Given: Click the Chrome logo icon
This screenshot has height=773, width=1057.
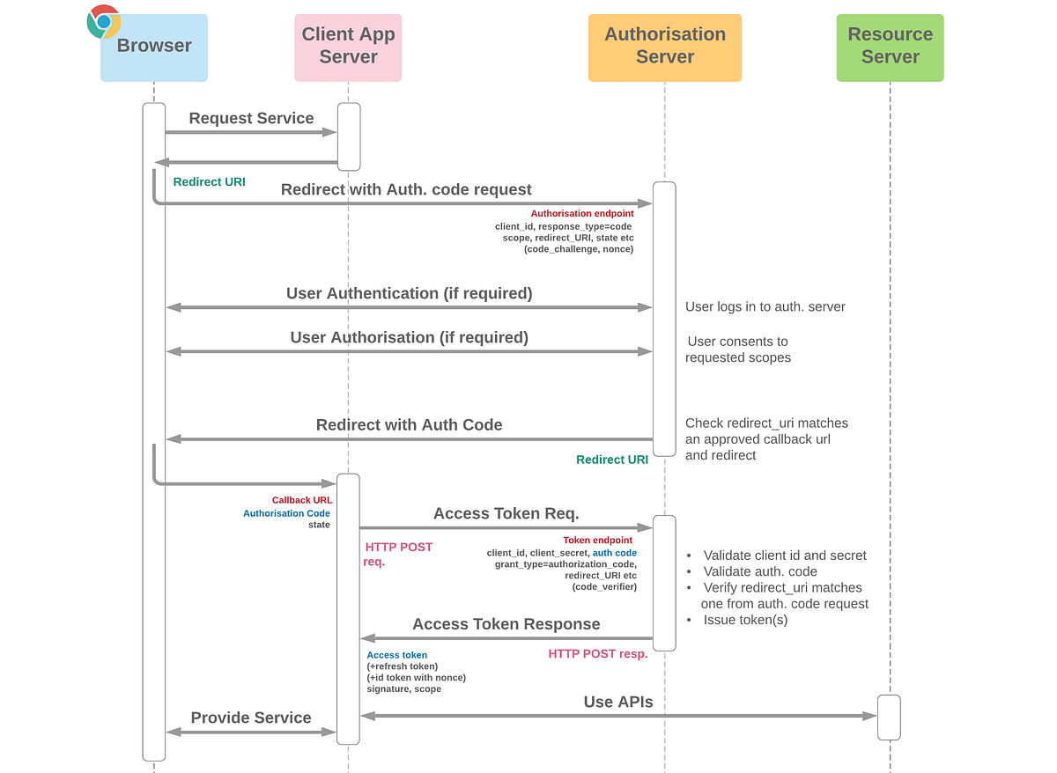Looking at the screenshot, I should click(x=104, y=22).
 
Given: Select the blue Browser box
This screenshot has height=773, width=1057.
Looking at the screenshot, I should click(x=154, y=48).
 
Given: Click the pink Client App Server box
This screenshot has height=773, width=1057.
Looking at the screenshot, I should click(x=348, y=48).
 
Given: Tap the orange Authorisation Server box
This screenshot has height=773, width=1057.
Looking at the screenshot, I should click(x=665, y=48).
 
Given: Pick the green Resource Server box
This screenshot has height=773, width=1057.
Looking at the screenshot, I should click(x=890, y=48).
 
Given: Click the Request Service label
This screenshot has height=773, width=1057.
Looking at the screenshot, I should click(x=251, y=118).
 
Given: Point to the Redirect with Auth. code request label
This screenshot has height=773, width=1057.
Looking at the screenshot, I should click(x=406, y=189).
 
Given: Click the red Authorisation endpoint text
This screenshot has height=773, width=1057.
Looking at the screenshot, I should click(x=581, y=214).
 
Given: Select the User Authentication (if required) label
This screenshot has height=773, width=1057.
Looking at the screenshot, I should click(x=409, y=293).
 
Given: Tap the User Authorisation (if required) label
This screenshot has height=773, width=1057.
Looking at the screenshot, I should click(x=409, y=337).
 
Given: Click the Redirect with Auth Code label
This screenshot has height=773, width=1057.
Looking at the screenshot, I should click(x=409, y=424).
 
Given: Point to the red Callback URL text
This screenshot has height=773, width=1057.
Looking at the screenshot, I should click(x=301, y=500).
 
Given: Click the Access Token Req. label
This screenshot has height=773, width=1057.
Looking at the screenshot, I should click(x=506, y=513).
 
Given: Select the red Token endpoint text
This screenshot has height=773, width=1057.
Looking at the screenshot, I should click(x=597, y=540).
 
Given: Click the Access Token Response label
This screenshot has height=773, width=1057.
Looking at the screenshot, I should click(x=506, y=624).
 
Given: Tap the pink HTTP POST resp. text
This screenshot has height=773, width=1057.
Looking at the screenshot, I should click(x=597, y=653).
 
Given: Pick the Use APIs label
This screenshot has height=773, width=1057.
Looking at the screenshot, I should click(x=618, y=702).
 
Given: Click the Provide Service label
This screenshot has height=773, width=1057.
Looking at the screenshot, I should click(x=251, y=718).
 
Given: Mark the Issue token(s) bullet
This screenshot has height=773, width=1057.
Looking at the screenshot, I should click(x=744, y=620).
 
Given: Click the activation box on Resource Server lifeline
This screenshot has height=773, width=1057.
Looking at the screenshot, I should click(x=889, y=718).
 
